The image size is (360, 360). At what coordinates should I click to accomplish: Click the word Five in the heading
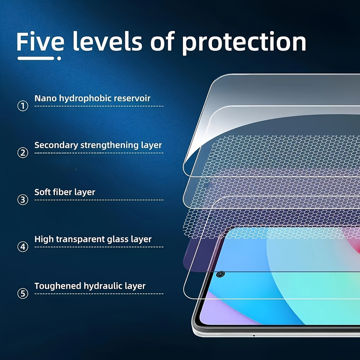point(40,42)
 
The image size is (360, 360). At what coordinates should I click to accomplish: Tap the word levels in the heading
point(107,42)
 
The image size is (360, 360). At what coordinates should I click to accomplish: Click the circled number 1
point(23,106)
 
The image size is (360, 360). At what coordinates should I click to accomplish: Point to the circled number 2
point(23,153)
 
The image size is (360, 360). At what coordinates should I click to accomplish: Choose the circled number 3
point(23,200)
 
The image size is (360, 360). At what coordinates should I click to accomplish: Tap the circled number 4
point(23,247)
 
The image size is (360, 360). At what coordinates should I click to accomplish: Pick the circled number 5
point(23,294)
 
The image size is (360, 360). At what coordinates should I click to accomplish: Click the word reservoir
point(132,98)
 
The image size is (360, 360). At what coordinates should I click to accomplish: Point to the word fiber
point(62,192)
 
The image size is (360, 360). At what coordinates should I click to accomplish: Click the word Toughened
point(58,286)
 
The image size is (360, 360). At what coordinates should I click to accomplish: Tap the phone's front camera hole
point(220,274)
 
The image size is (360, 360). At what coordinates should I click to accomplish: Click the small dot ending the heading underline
point(59,58)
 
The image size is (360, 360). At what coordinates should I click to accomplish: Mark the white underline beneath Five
point(36,58)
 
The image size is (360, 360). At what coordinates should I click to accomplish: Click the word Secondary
point(56,145)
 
